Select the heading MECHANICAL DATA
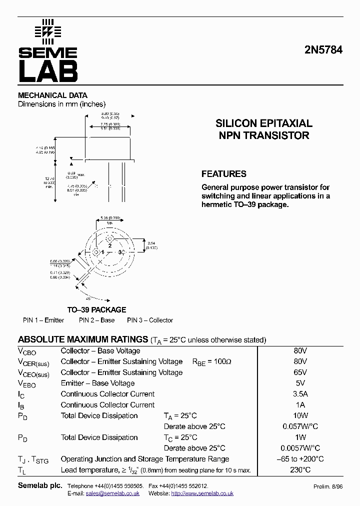[52, 95]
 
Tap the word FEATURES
[223, 174]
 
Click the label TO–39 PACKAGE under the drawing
[96, 309]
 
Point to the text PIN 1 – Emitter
[43, 320]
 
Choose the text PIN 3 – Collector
[150, 320]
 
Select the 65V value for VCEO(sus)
[300, 372]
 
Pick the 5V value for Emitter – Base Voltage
[300, 383]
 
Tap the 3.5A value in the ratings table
[300, 394]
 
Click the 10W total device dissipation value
[300, 415]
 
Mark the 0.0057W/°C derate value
[300, 448]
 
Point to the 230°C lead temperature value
[300, 469]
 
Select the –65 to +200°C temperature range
[300, 458]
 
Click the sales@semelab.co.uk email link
[112, 493]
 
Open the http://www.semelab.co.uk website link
[202, 493]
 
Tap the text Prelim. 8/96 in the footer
[327, 486]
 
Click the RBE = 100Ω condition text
[212, 361]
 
